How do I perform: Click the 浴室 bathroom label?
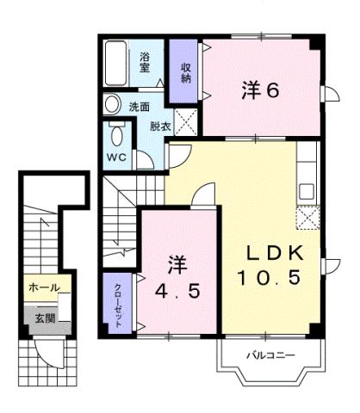pos(146,62)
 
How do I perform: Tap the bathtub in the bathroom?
pos(116,63)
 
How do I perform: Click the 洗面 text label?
pos(140,107)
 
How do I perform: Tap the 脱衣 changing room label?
pos(159,125)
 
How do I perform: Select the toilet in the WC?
pos(116,137)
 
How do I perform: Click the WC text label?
pos(117,158)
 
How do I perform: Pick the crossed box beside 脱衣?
pos(185,121)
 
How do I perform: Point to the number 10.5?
pos(270,278)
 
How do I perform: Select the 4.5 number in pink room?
pos(176,290)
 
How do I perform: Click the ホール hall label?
pos(43,287)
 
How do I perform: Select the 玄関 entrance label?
pos(43,317)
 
